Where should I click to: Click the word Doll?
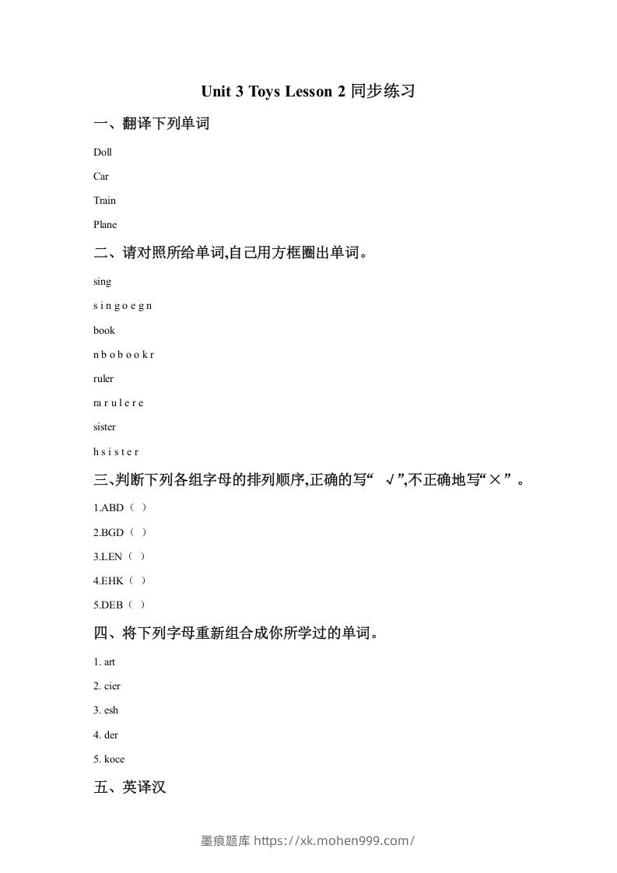pyautogui.click(x=103, y=153)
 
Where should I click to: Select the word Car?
pyautogui.click(x=101, y=177)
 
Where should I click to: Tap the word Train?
pyautogui.click(x=104, y=201)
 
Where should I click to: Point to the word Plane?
pyautogui.click(x=105, y=225)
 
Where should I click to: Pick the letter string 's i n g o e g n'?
pyautogui.click(x=122, y=306)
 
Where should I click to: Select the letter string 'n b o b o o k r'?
pyautogui.click(x=124, y=354)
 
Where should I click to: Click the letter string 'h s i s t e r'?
pyautogui.click(x=116, y=451)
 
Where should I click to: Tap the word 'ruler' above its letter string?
pyautogui.click(x=103, y=379)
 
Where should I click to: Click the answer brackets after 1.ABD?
pyautogui.click(x=138, y=508)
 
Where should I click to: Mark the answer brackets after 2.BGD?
pyautogui.click(x=138, y=532)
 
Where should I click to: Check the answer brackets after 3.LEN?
pyautogui.click(x=137, y=556)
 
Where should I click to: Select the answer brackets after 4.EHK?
pyautogui.click(x=138, y=580)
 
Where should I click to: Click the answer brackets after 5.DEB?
pyautogui.click(x=137, y=605)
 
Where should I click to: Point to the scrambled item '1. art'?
pyautogui.click(x=104, y=662)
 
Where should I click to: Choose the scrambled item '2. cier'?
pyautogui.click(x=107, y=686)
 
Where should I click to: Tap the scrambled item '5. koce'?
pyautogui.click(x=109, y=759)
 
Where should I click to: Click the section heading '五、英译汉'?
pyautogui.click(x=130, y=787)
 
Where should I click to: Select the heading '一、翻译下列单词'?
pyautogui.click(x=152, y=124)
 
